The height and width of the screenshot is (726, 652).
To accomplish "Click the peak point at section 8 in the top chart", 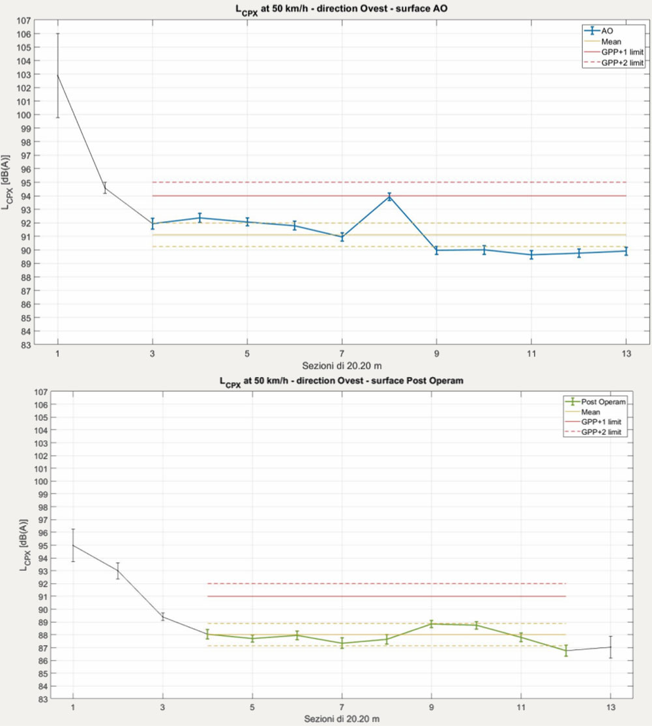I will coord(389,196).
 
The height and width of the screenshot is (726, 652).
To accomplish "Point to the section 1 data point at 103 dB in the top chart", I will coord(57,75).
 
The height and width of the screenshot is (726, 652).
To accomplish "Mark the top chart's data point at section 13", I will coord(626,250).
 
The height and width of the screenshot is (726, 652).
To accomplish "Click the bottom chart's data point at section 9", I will coord(431,624).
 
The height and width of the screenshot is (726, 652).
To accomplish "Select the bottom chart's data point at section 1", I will coord(73,545).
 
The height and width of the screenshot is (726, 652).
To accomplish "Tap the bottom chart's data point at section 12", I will coord(566,650).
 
